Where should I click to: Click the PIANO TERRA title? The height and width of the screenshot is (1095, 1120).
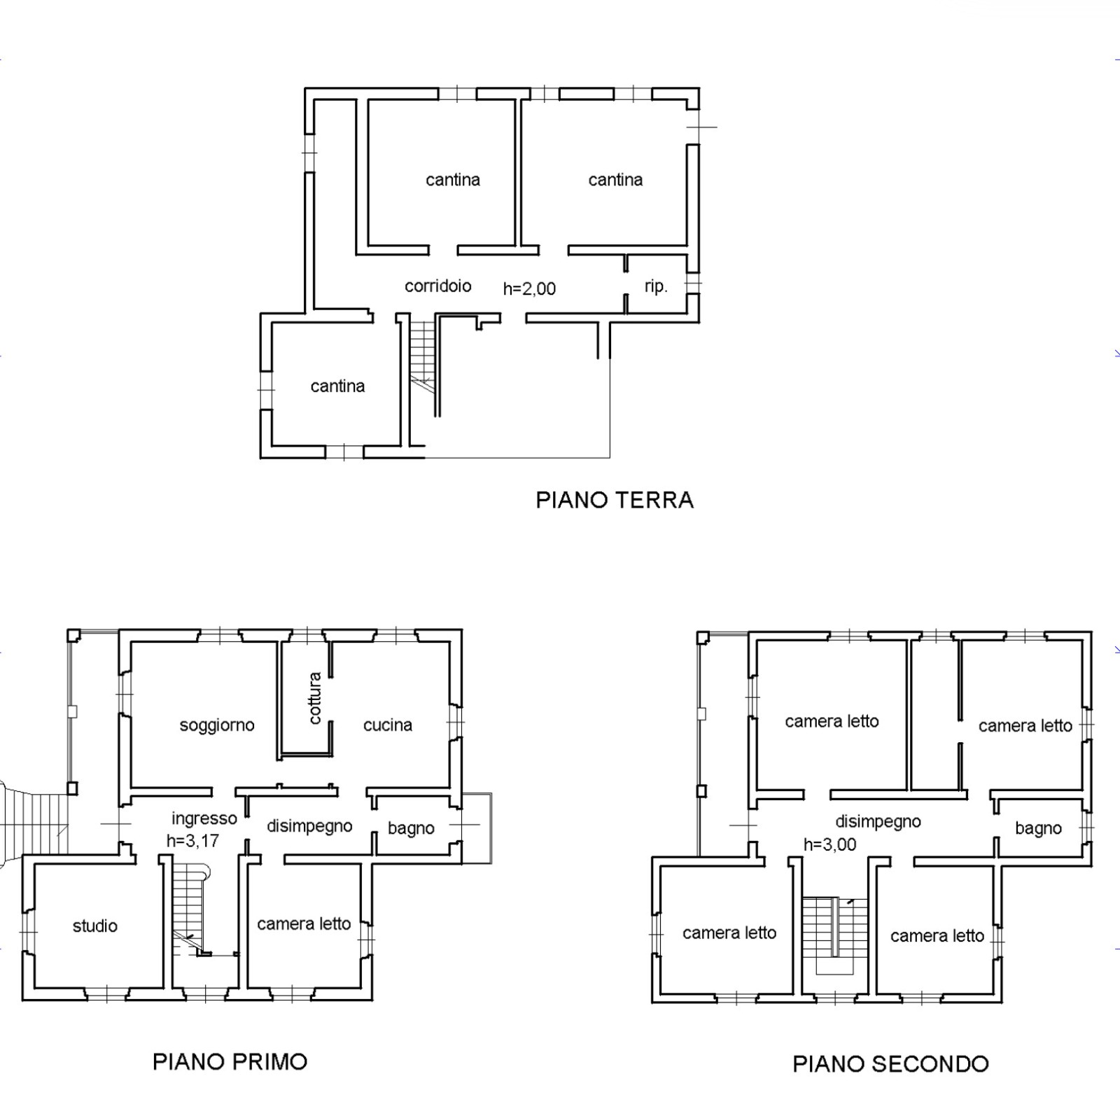[615, 500]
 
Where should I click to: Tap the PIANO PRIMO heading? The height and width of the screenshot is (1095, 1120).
[230, 1062]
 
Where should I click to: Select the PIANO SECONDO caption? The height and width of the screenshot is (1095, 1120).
[890, 1064]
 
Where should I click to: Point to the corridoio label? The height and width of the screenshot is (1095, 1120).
[438, 286]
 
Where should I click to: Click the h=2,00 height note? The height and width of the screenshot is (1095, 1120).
[529, 288]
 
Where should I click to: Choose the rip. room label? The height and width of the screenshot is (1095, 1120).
[656, 286]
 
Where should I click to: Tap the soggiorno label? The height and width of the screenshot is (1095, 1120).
[217, 725]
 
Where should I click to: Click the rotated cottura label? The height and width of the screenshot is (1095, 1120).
[315, 697]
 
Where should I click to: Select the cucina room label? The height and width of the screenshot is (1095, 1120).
[388, 725]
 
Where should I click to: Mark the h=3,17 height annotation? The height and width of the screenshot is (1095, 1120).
[193, 841]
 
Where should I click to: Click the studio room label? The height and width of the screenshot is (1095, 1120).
[95, 926]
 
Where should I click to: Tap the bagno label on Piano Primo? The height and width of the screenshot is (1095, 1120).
[411, 829]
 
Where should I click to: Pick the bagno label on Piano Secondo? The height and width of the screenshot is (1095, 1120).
[1038, 829]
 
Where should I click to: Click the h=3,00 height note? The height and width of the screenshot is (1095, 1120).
[830, 845]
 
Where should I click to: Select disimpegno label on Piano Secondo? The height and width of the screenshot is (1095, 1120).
[878, 822]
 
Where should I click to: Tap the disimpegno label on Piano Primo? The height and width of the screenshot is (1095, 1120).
[309, 827]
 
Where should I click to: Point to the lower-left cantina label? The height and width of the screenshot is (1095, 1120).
[337, 386]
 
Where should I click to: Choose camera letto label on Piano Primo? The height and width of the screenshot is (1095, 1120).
[304, 924]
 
